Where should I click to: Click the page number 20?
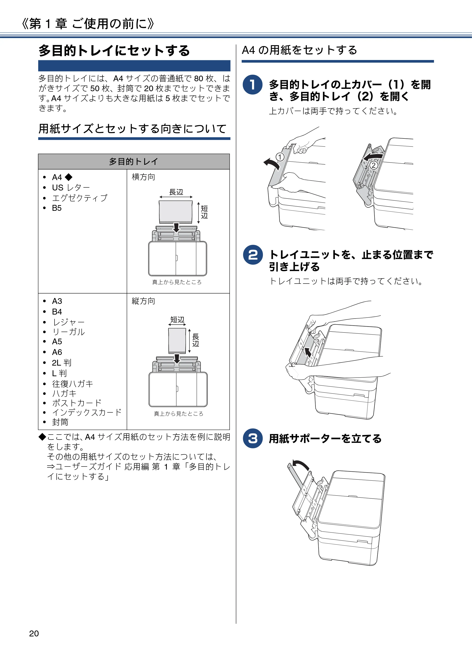click(34, 634)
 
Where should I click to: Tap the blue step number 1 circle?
click(253, 85)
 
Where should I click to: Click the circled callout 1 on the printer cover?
click(280, 157)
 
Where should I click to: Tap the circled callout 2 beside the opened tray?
click(373, 165)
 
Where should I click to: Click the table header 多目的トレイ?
click(134, 161)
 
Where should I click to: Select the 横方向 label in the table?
click(143, 177)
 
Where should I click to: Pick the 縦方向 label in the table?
click(143, 301)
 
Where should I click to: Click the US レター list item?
click(71, 187)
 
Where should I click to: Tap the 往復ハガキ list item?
click(72, 384)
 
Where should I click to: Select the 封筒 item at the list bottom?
click(60, 422)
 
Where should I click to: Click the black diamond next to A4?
click(69, 177)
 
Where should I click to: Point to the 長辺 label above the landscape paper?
click(176, 192)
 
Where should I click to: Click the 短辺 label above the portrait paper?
click(177, 320)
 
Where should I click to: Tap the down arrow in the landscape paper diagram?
click(176, 228)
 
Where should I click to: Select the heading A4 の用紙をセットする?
click(299, 50)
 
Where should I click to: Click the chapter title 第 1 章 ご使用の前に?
click(88, 24)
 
